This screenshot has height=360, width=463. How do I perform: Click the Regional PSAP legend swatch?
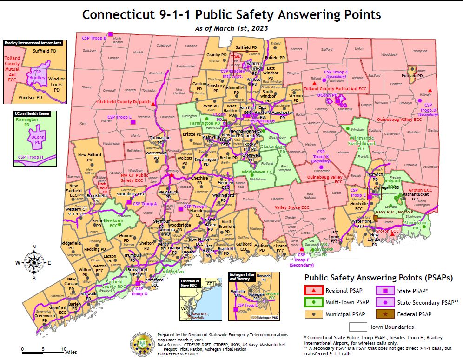tap(315, 290)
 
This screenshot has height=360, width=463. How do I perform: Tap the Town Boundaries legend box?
tap(358, 327)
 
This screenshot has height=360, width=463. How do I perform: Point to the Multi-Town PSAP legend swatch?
tap(315, 303)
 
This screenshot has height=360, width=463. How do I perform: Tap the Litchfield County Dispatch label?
tap(123, 101)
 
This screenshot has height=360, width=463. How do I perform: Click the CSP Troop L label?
tap(119, 117)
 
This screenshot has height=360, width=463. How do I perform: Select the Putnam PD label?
tap(412, 75)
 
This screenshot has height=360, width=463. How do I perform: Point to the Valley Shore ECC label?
tap(291, 207)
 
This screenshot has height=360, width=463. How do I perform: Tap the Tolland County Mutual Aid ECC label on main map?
tap(335, 88)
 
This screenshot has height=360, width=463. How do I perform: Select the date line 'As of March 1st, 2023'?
tap(231, 28)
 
